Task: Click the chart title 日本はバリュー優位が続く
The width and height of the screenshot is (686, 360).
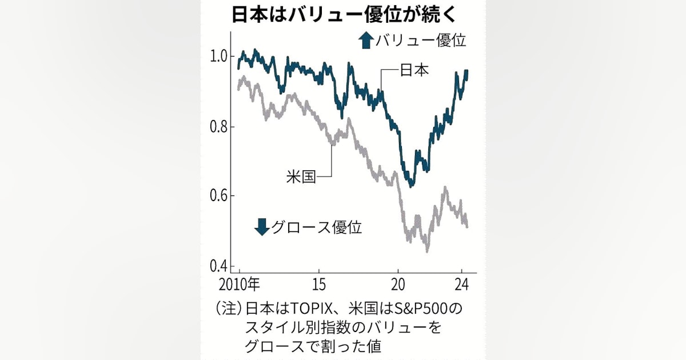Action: click(x=342, y=15)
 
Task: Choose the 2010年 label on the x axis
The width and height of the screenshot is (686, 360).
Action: click(x=238, y=283)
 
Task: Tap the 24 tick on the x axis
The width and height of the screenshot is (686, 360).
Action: click(x=462, y=283)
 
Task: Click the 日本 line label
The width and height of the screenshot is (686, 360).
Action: click(x=414, y=70)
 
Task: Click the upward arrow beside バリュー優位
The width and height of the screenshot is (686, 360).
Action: click(x=365, y=41)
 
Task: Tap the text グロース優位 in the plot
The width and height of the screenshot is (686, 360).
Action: click(x=316, y=227)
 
